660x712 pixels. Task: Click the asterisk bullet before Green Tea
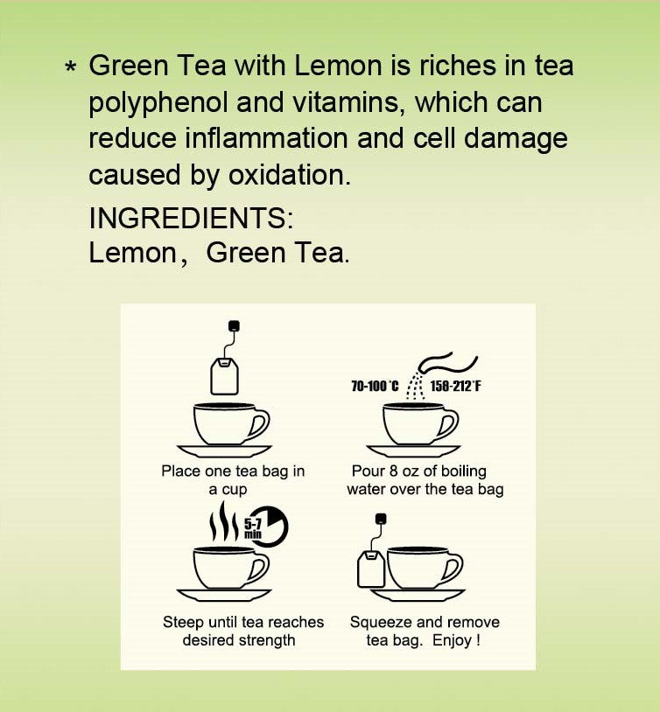click(x=72, y=67)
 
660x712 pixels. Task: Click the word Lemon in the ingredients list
click(x=133, y=253)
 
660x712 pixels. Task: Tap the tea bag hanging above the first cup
click(x=224, y=376)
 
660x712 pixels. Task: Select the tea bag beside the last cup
click(x=371, y=569)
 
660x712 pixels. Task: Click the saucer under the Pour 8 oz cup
click(x=413, y=450)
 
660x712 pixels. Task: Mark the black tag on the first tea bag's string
click(x=234, y=326)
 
